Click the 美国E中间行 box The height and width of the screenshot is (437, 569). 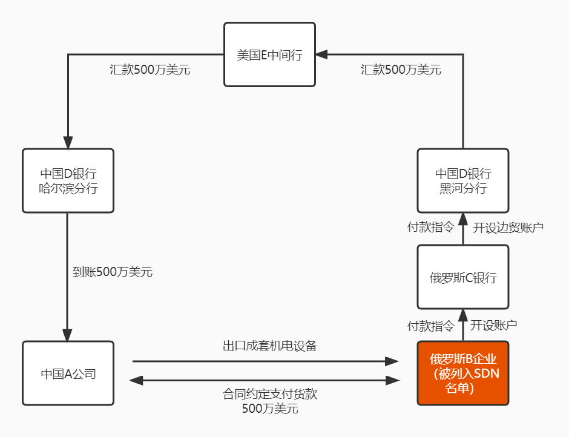269,54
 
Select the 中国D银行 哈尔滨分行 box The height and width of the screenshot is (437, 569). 68,180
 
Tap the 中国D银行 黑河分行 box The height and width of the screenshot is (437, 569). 462,180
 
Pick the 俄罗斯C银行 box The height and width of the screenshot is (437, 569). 462,278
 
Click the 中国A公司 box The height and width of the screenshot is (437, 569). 68,373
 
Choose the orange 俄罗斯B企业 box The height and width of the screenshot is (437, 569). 462,373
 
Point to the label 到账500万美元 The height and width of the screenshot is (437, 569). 112,272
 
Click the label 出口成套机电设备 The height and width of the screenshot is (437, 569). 270,346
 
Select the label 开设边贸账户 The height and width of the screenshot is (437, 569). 508,228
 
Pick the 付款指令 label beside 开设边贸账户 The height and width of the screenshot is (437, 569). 430,228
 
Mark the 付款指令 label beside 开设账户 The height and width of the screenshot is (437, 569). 430,326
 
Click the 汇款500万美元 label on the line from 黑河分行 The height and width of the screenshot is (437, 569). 401,70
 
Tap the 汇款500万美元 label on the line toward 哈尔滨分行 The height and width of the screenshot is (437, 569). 150,70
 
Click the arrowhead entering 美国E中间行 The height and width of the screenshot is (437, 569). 321,54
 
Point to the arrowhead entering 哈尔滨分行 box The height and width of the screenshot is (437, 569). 67,143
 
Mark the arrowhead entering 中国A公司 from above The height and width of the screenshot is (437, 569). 67,335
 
